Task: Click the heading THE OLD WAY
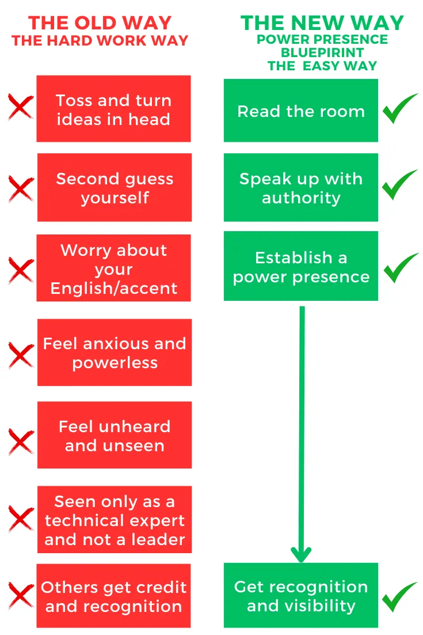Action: pos(100,23)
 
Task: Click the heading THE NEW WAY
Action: pos(322,23)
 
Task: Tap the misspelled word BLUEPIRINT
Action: pos(322,52)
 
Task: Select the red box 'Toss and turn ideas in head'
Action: pos(113,109)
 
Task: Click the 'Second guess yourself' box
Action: pos(115,188)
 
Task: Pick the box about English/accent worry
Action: pos(113,269)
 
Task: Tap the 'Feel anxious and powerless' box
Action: pos(115,353)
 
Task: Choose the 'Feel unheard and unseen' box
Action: pos(115,436)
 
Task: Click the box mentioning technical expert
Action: pos(115,520)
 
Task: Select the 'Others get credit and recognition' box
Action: pos(113,596)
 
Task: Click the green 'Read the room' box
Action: pos(301,111)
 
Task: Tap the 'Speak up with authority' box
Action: pos(301,188)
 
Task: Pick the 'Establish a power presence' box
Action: pos(301,266)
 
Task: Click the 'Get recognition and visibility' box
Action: pos(301,596)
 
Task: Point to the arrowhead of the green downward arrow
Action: pos(301,554)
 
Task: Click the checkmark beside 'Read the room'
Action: pos(401,108)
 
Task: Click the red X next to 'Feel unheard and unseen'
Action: pos(21,441)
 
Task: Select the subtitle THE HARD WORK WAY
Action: pos(100,41)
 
